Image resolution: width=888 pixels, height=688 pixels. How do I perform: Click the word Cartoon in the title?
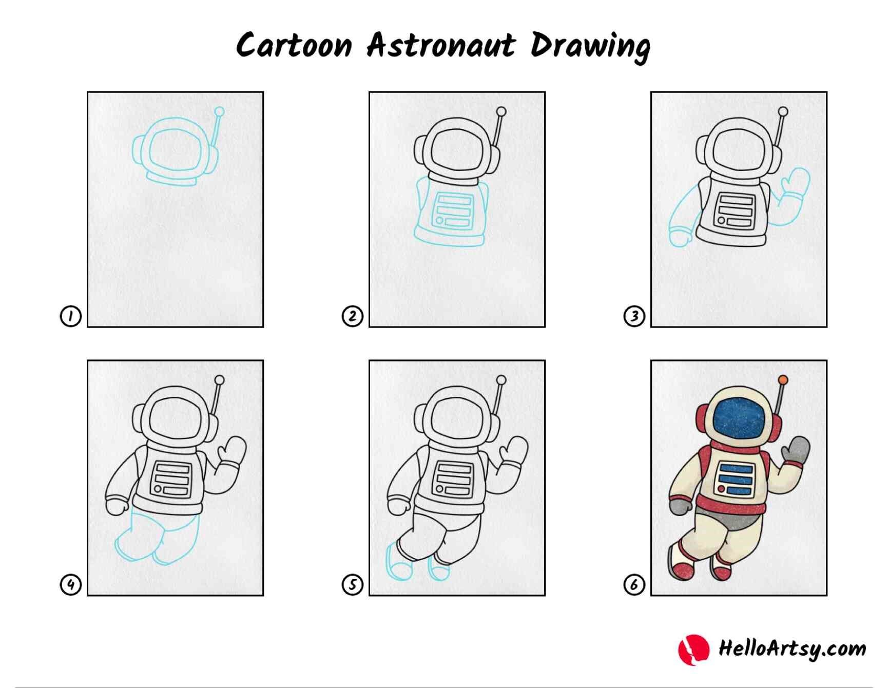click(x=294, y=45)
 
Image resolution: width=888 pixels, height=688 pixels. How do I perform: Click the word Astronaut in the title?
click(x=441, y=45)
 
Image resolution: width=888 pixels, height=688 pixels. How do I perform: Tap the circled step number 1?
click(x=71, y=316)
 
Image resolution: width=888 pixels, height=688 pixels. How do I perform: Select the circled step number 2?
click(x=353, y=316)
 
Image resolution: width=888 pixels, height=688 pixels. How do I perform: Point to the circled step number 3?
click(x=634, y=316)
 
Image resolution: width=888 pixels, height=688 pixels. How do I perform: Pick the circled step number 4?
click(x=71, y=584)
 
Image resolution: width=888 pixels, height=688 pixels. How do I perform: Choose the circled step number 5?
click(x=353, y=584)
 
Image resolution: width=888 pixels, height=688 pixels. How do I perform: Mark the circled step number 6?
click(x=634, y=584)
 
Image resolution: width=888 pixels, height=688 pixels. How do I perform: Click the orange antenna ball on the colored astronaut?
click(x=783, y=380)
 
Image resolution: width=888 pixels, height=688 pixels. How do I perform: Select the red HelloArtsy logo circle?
click(x=694, y=649)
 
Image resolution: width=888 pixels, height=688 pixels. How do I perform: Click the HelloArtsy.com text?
click(x=792, y=648)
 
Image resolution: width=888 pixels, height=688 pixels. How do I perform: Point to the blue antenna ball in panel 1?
click(x=219, y=111)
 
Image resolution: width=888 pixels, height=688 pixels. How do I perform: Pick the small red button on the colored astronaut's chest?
click(x=721, y=489)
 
